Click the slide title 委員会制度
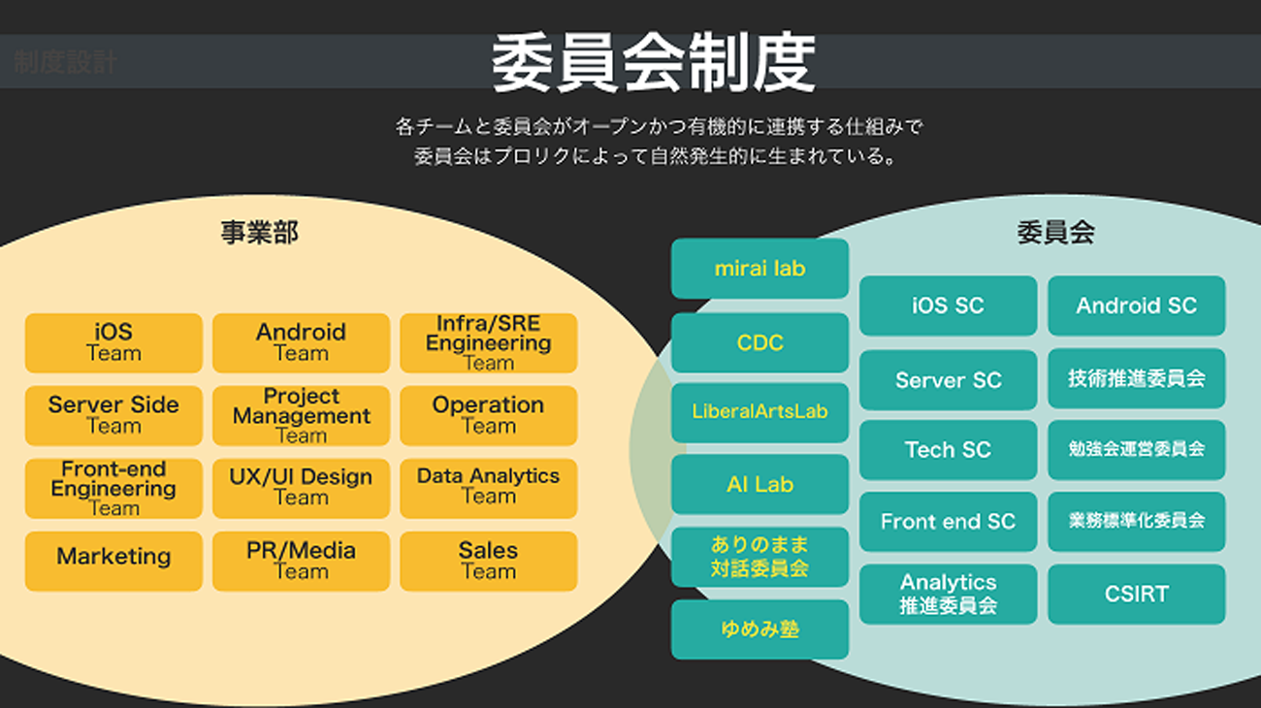tap(653, 64)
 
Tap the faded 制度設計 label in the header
tap(65, 64)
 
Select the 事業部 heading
tap(259, 233)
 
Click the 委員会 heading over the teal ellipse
tap(1055, 233)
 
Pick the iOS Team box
tap(113, 343)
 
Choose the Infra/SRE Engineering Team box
tap(488, 343)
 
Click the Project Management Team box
tap(301, 416)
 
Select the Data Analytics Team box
tap(488, 488)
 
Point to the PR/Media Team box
tap(301, 561)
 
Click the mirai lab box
tap(760, 269)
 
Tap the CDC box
tap(760, 342)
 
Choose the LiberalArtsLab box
tap(760, 411)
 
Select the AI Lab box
tap(760, 484)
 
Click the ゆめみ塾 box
tap(760, 629)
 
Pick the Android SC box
tap(1136, 306)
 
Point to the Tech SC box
tap(948, 450)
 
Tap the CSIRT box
tap(1136, 594)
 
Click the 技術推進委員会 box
tap(1136, 378)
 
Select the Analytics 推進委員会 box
tap(948, 594)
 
